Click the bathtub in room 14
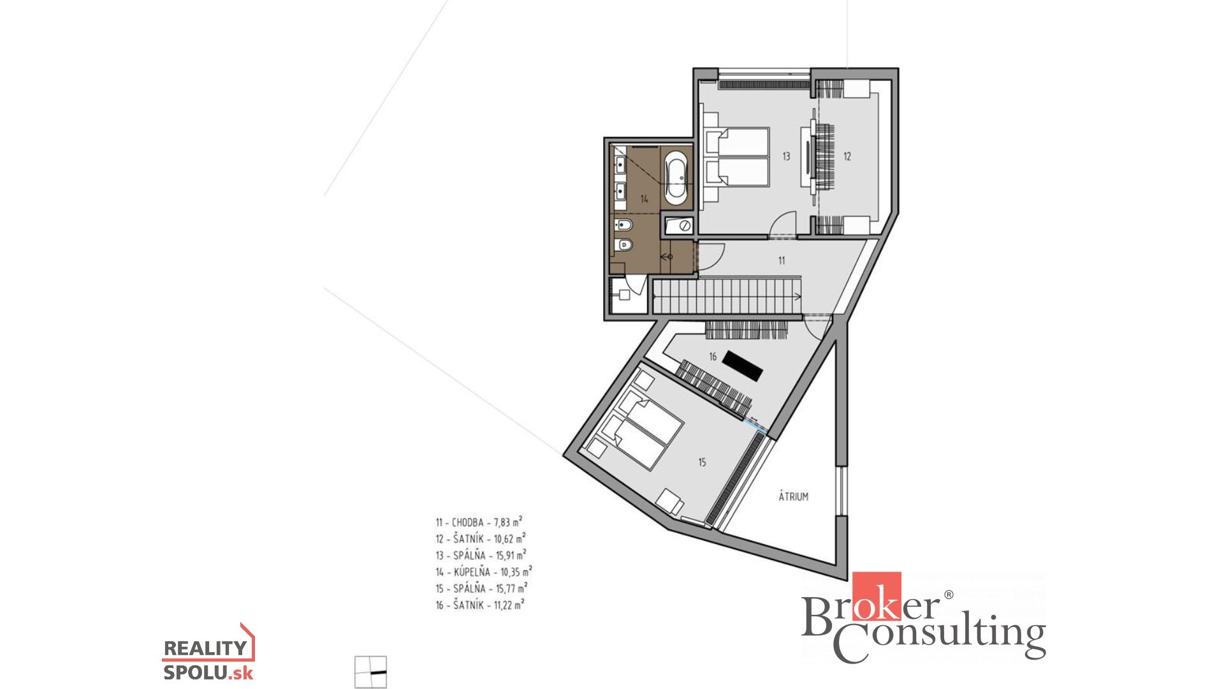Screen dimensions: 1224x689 (676, 177)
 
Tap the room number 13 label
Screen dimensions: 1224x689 (786, 156)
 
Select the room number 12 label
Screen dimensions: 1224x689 (847, 156)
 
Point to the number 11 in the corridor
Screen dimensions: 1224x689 (782, 260)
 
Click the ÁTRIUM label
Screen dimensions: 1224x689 (794, 496)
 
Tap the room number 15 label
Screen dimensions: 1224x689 (702, 463)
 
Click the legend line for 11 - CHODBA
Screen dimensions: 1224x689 (479, 522)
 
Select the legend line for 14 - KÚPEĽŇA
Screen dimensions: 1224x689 (484, 572)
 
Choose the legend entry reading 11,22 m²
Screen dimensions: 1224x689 (509, 604)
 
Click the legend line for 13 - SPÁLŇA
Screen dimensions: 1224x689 (481, 555)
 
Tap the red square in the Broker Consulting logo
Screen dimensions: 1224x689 (877, 596)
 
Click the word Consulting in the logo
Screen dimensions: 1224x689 (940, 639)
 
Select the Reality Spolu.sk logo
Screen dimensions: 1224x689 (208, 652)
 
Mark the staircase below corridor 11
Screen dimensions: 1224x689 (727, 297)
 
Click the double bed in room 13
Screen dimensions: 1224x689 (737, 157)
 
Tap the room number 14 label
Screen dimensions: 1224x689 (645, 199)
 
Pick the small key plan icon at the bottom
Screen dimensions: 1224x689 (370, 672)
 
